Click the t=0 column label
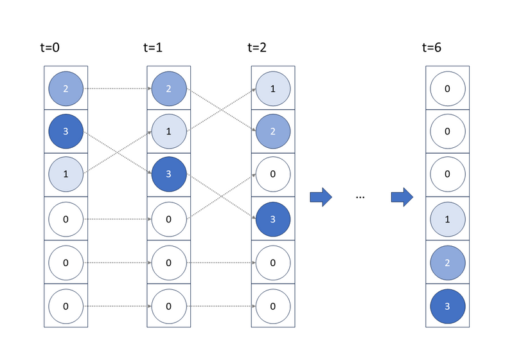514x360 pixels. [50, 48]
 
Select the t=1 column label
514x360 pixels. [153, 48]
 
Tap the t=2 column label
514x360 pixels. [257, 48]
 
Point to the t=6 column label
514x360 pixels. [432, 48]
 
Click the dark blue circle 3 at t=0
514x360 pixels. [66, 131]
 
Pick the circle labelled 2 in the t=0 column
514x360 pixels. [66, 89]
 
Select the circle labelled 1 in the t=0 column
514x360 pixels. [66, 174]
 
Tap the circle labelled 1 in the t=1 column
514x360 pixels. [169, 131]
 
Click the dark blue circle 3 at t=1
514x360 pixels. [169, 174]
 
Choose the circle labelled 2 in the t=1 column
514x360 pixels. [169, 89]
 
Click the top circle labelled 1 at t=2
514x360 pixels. [273, 89]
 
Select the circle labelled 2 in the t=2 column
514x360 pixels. [273, 131]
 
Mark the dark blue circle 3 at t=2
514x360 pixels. [273, 219]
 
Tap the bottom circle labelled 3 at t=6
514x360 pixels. [447, 306]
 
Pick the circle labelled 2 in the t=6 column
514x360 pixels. [447, 263]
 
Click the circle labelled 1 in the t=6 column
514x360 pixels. [447, 219]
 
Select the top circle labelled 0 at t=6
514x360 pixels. [447, 89]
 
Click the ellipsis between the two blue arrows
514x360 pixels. [360, 197]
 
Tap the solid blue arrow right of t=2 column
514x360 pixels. [321, 197]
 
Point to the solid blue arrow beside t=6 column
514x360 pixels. [402, 197]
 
